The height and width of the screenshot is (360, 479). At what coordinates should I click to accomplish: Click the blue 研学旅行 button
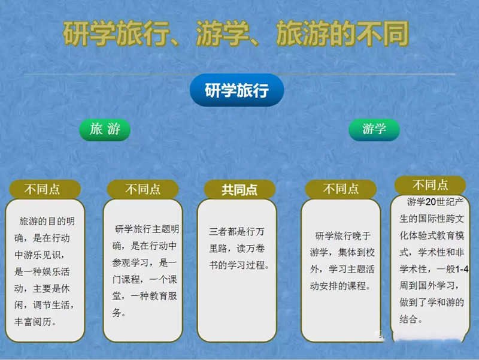[x=237, y=90]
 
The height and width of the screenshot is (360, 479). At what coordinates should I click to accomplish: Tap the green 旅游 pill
[x=105, y=129]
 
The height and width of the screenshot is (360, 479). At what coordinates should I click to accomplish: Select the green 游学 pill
[x=374, y=129]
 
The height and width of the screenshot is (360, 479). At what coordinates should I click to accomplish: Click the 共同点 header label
[x=239, y=189]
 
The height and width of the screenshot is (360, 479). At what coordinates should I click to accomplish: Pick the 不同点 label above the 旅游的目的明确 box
[x=42, y=189]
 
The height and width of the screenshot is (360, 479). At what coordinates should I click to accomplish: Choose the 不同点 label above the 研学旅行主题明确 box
[x=143, y=189]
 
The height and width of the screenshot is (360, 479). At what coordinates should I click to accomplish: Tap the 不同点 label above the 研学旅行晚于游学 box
[x=341, y=189]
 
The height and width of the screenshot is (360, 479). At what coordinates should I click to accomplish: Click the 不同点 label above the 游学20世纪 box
[x=430, y=185]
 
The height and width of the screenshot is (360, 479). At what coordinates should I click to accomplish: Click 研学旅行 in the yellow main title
[x=116, y=33]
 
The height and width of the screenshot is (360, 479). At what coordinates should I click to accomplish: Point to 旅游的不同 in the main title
[x=342, y=33]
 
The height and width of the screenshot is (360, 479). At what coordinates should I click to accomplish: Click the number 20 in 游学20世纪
[x=431, y=202]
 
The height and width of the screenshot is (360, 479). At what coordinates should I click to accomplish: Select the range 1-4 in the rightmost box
[x=462, y=269]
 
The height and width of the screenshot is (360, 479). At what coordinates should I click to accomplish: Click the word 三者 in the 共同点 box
[x=218, y=231]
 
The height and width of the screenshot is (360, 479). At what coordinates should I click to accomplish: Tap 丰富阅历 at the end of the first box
[x=33, y=322]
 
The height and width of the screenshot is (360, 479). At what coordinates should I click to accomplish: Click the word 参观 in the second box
[x=121, y=262]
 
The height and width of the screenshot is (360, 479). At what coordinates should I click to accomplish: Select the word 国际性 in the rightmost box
[x=432, y=219]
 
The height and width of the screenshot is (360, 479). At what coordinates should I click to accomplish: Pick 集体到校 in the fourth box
[x=356, y=252]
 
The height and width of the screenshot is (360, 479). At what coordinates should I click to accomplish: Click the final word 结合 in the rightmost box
[x=408, y=319]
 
